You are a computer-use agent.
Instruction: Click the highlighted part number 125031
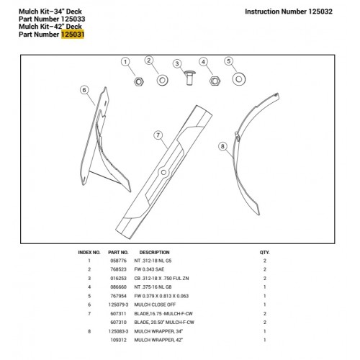point(73,35)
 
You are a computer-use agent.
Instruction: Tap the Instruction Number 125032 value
point(320,12)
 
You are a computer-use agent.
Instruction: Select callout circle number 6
point(84,90)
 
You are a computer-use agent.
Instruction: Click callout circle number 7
point(158,135)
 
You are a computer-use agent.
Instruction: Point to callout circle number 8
point(222,146)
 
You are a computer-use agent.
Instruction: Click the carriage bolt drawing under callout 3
point(189,77)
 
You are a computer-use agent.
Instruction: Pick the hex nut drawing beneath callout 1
point(138,82)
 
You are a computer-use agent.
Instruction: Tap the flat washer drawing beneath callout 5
point(239,79)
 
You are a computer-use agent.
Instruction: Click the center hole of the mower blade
point(163,172)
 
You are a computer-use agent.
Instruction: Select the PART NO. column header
point(118,253)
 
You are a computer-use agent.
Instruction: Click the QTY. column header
point(264,253)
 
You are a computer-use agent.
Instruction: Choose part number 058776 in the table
point(118,261)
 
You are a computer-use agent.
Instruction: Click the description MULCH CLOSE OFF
point(155,305)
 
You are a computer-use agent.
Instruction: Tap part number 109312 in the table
point(118,340)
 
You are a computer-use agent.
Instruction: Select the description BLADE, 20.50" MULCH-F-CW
point(164,322)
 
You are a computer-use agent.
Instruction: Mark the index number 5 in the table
point(89,296)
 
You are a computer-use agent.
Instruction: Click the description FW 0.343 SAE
point(149,269)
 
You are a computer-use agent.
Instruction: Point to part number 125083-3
point(118,331)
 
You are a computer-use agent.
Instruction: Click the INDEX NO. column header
point(89,253)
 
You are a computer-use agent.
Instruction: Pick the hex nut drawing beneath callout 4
point(215,81)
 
